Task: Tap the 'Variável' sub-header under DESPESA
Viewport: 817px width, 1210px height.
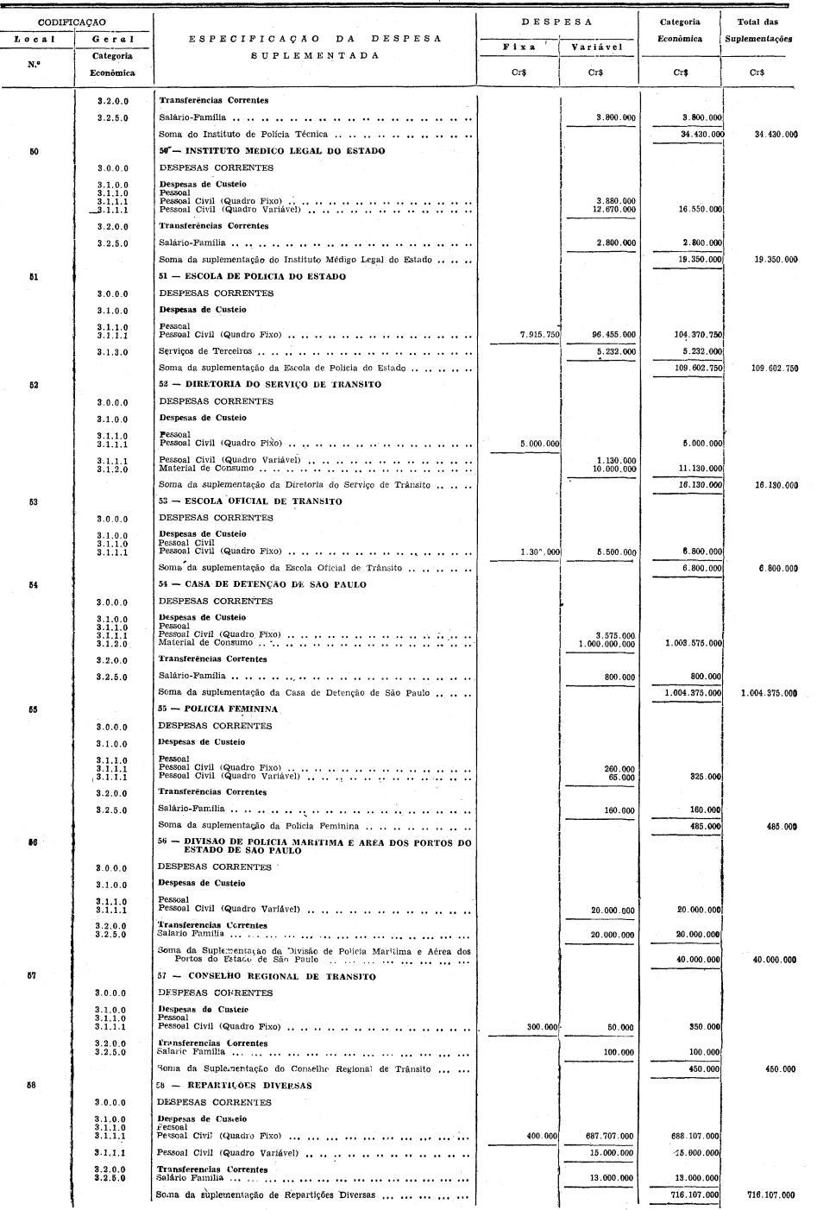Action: (x=596, y=47)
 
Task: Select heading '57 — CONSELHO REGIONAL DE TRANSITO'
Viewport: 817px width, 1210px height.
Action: (x=267, y=977)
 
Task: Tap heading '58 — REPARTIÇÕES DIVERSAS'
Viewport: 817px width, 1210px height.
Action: (x=235, y=1086)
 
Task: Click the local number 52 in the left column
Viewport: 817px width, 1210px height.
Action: (x=33, y=385)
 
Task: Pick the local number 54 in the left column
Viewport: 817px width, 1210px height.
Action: (x=33, y=585)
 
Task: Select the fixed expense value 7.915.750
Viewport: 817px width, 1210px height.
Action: (x=538, y=335)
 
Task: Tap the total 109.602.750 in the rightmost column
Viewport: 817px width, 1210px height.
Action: (x=774, y=369)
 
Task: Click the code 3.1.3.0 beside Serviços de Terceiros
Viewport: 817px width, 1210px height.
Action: (x=112, y=352)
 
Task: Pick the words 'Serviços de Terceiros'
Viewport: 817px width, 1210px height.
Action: (x=205, y=352)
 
